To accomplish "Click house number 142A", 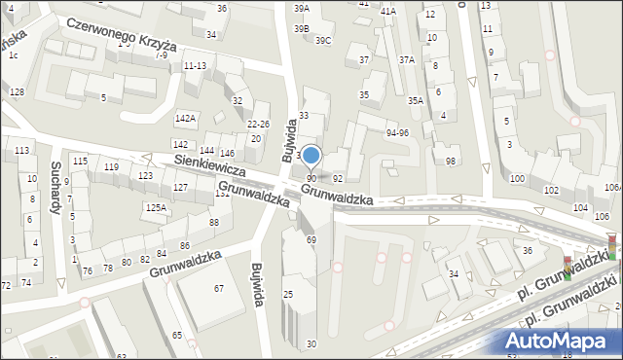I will (x=185, y=118).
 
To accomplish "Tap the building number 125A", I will (x=156, y=207).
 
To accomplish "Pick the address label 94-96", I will (x=397, y=132).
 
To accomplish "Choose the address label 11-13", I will (x=195, y=65).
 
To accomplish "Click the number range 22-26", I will (x=258, y=124).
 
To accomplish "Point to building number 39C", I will (x=323, y=40).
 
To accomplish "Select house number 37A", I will (x=407, y=59).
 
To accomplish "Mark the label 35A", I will (x=416, y=100).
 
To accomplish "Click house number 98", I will (x=450, y=161).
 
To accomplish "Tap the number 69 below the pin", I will (x=311, y=239).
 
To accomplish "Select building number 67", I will (x=219, y=288).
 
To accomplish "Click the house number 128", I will (x=17, y=91).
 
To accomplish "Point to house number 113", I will (x=21, y=151).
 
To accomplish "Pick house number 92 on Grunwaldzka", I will (x=338, y=179).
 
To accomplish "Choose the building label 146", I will (x=227, y=154).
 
